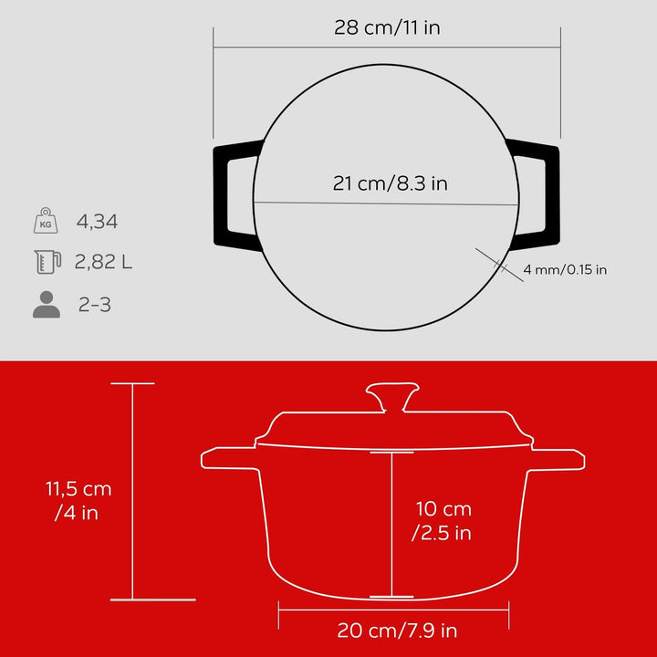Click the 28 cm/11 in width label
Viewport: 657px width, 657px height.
[387, 27]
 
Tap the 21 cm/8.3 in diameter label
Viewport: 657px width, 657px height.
[390, 183]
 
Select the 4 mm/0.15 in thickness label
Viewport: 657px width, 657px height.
[566, 269]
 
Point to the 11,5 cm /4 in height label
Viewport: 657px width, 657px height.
[72, 501]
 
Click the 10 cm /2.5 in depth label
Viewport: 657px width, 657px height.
[443, 521]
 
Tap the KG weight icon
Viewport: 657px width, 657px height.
[46, 221]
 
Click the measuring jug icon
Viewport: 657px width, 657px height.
[46, 262]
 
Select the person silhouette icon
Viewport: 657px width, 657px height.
[46, 305]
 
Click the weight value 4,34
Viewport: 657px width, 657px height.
[98, 221]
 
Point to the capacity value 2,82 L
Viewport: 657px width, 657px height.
[103, 263]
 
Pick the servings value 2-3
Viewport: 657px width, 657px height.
[95, 305]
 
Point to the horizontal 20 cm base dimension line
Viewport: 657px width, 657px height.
[392, 610]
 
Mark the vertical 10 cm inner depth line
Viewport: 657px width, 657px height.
[391, 525]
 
